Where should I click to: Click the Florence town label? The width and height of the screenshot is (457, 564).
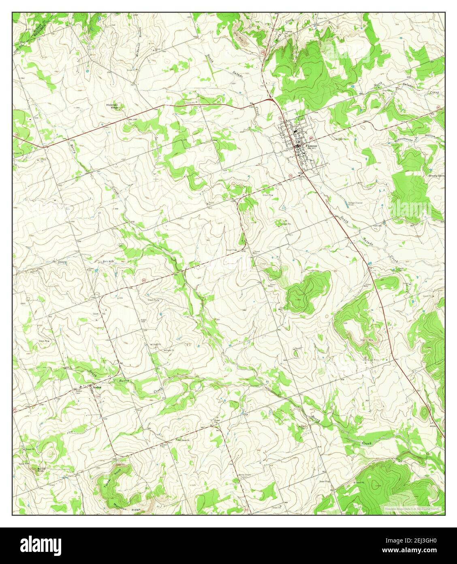pyautogui.click(x=312, y=146)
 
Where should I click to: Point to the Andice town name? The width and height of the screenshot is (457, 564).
pyautogui.click(x=97, y=387)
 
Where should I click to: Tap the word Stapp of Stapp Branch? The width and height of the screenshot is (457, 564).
pyautogui.click(x=62, y=263)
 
